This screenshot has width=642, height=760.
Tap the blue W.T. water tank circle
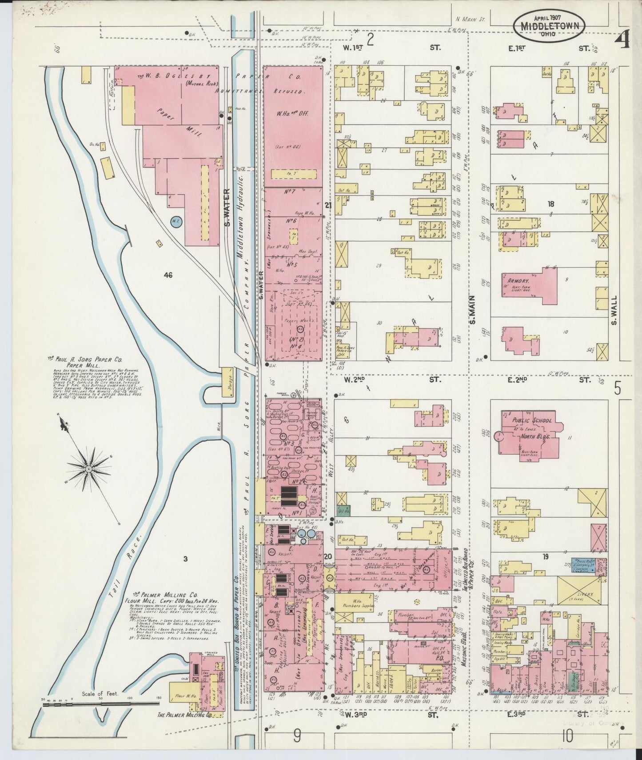point(176,221)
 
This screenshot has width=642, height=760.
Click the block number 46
point(168,275)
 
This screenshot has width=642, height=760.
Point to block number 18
point(551,204)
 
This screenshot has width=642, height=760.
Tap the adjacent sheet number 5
point(618,389)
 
